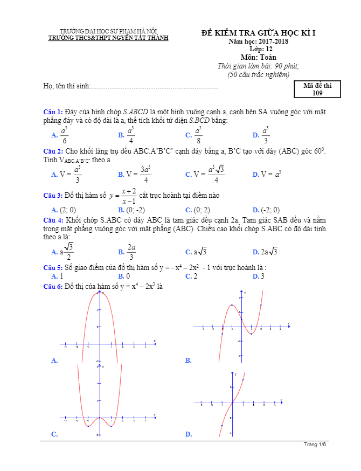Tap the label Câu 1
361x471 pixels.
pos(53,112)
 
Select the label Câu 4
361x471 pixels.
pos(53,220)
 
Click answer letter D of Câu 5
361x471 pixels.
pos(255,276)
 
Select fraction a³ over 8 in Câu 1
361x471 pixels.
pos(198,135)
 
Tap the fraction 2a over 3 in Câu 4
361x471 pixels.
pos(131,251)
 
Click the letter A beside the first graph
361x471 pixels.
pos(53,361)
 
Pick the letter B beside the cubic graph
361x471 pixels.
pos(188,361)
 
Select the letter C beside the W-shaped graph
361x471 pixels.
pos(53,434)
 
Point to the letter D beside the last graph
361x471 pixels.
pos(188,434)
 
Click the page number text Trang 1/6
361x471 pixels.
pos(315,445)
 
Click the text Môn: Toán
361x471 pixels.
pos(258,57)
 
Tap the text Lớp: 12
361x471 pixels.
pos(258,49)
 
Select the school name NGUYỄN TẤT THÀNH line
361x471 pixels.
pos(108,38)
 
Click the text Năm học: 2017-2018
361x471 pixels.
pos(258,41)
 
